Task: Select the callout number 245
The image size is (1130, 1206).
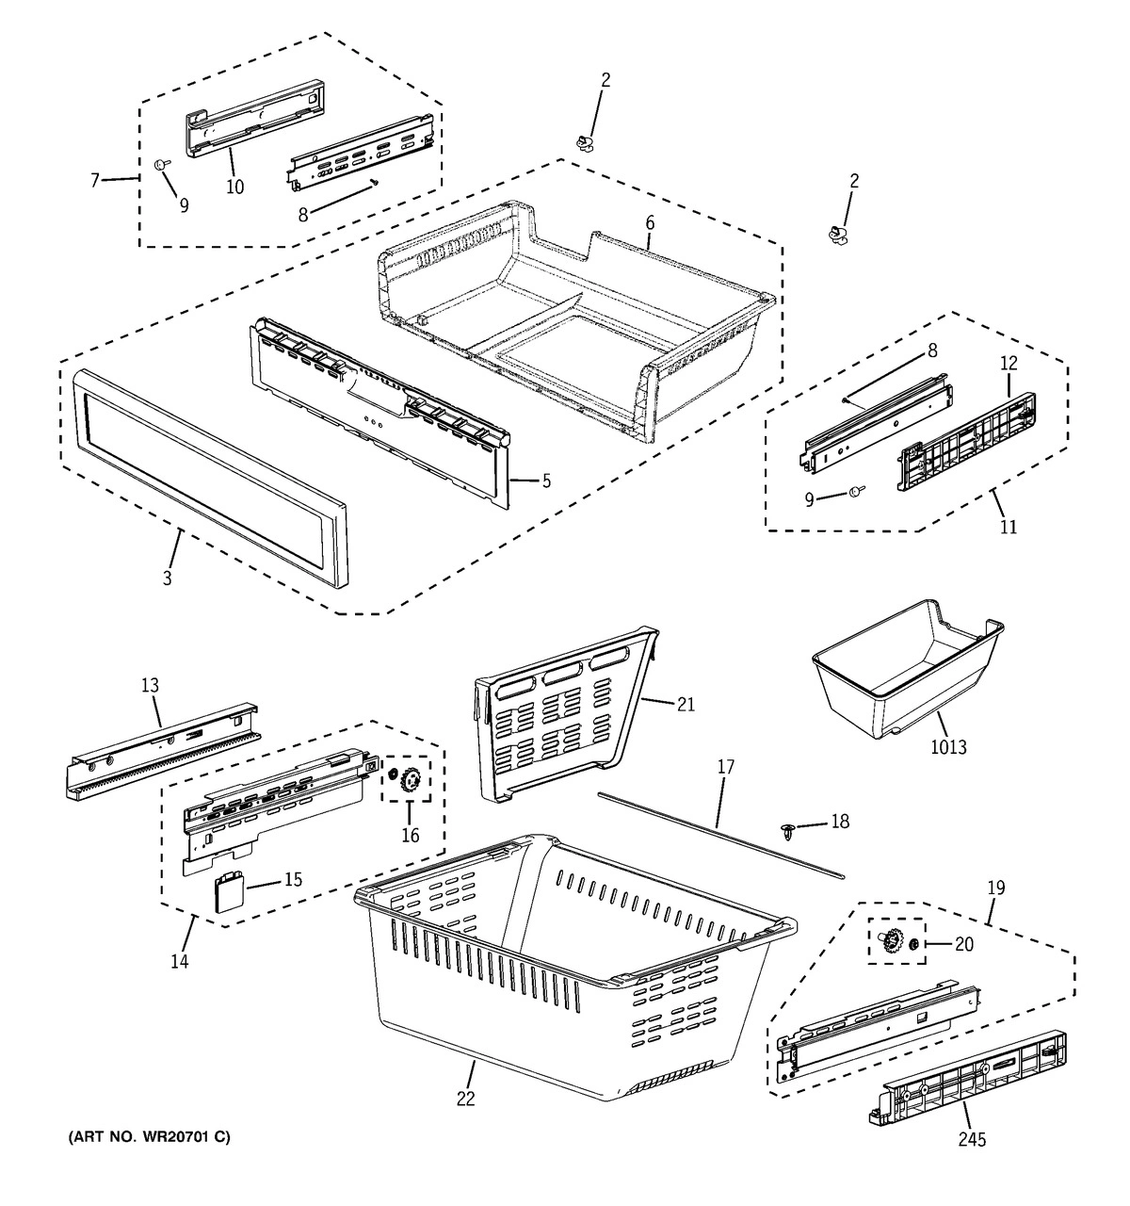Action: click(972, 1140)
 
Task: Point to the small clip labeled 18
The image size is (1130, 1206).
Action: click(788, 829)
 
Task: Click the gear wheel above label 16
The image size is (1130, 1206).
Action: click(410, 780)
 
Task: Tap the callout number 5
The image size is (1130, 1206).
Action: click(545, 481)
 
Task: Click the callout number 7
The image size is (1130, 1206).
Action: click(94, 180)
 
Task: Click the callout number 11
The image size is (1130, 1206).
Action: click(1009, 526)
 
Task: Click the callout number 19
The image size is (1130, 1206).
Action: click(995, 888)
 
